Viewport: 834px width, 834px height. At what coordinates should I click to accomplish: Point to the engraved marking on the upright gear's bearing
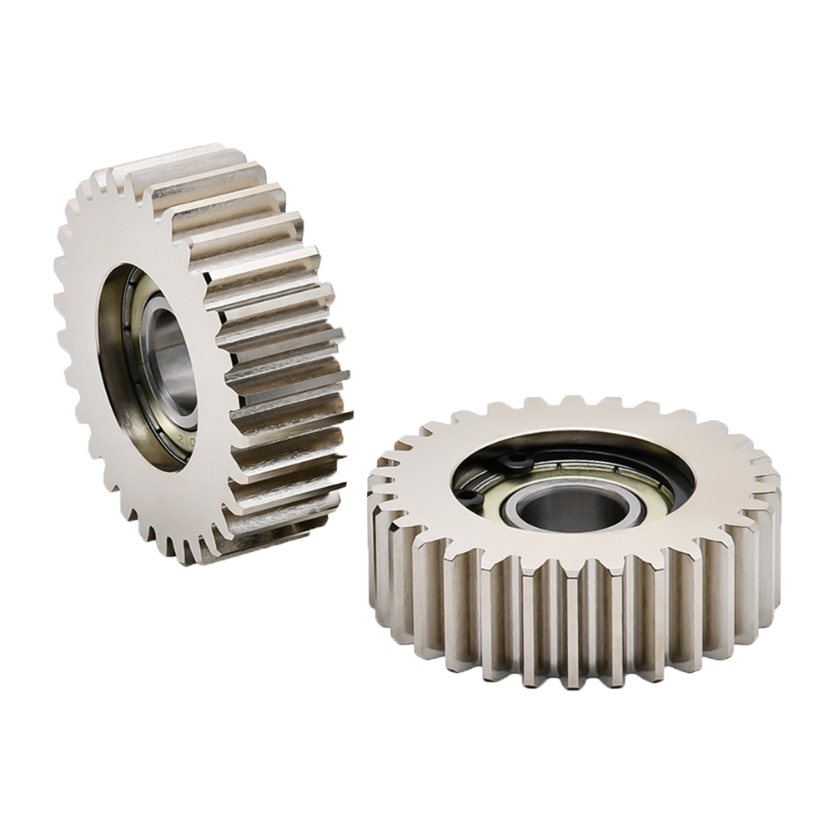(x=185, y=434)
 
